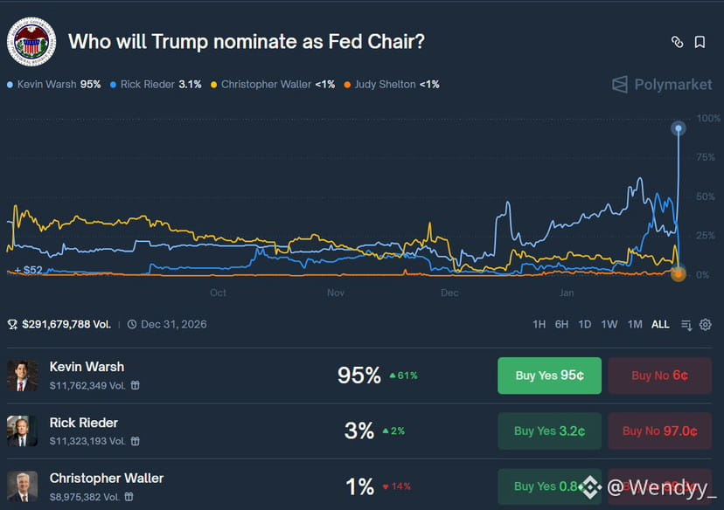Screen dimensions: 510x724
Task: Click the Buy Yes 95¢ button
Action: pyautogui.click(x=549, y=376)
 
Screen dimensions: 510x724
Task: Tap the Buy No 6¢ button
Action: pyautogui.click(x=659, y=376)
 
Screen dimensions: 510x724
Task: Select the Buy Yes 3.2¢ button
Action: pyautogui.click(x=549, y=431)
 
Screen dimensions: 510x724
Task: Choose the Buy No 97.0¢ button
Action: pyautogui.click(x=659, y=431)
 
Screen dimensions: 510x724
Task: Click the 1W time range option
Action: pyautogui.click(x=609, y=324)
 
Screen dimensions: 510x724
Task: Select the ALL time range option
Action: pyautogui.click(x=660, y=324)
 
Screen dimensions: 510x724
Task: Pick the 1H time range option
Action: pyautogui.click(x=539, y=324)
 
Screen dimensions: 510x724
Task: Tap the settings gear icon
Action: pyautogui.click(x=706, y=325)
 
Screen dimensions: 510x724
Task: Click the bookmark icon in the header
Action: pyautogui.click(x=700, y=42)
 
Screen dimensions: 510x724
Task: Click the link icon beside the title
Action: pyautogui.click(x=677, y=42)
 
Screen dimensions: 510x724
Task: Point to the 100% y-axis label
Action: pyautogui.click(x=708, y=118)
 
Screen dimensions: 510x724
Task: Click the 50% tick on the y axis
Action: pyautogui.click(x=705, y=196)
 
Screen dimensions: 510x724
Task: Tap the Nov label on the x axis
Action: pyautogui.click(x=336, y=293)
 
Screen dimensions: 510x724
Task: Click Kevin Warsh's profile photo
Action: pyautogui.click(x=22, y=376)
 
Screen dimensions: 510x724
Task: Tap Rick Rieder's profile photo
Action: pyautogui.click(x=22, y=431)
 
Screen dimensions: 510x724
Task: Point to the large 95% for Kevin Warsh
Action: pyautogui.click(x=359, y=376)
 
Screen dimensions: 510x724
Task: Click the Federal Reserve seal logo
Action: pyautogui.click(x=31, y=41)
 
